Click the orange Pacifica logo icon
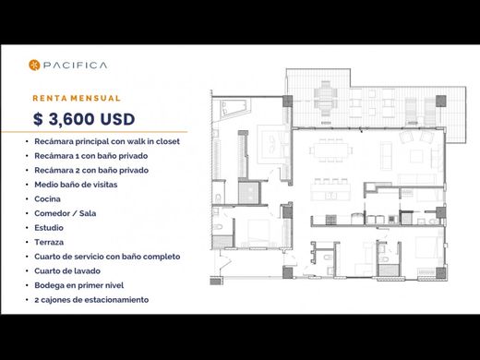34,65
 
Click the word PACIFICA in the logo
75,66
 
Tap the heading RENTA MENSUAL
77,98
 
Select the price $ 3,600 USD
84,119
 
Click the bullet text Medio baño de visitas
76,185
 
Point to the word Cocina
47,199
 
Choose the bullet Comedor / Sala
66,213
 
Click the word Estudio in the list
49,228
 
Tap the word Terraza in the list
49,242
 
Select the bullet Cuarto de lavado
67,271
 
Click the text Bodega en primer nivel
79,285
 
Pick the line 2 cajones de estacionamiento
91,300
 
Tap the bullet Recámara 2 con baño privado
91,170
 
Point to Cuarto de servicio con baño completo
107,257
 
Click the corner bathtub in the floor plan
233,107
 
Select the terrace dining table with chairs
326,98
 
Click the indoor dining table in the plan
330,150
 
